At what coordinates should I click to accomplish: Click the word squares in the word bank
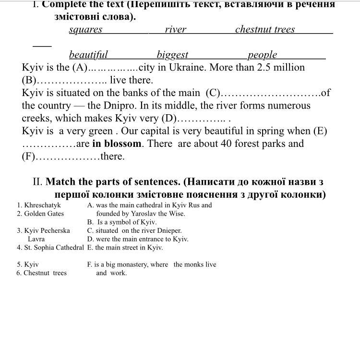85,30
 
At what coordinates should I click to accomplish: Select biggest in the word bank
172,55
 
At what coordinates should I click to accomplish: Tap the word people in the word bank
263,55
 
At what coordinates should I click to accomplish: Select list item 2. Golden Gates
40,214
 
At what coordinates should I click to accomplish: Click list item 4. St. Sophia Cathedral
50,248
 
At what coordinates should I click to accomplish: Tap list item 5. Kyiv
28,264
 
